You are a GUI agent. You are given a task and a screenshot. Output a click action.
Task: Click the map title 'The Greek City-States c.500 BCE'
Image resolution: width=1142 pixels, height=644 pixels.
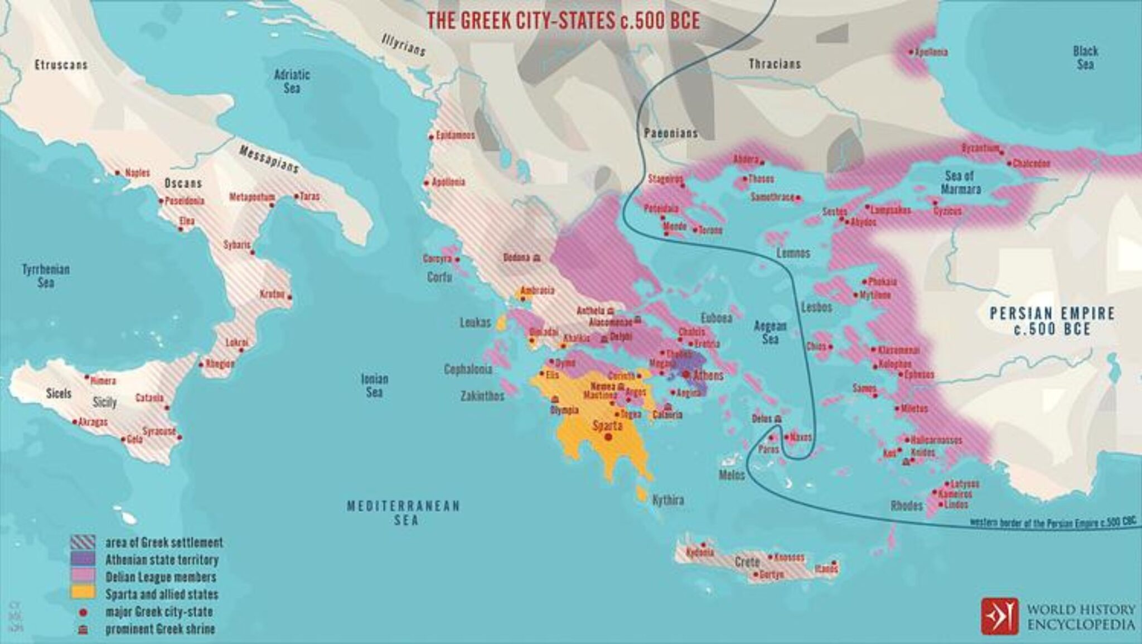tap(563, 21)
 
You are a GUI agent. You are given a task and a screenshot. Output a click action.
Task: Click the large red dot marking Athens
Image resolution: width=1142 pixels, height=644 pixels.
tap(685, 374)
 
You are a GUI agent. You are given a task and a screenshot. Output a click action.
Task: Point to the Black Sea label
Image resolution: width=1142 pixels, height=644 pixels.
tap(1085, 57)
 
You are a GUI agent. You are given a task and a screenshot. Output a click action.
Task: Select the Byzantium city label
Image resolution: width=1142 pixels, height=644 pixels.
tap(980, 148)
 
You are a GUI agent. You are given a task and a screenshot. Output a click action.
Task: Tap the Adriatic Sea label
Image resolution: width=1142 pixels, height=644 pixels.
tap(292, 81)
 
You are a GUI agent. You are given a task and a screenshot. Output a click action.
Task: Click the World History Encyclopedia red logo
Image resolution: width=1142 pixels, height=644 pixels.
tap(999, 616)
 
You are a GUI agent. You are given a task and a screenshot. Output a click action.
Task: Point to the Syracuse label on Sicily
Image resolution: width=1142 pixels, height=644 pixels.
tap(159, 431)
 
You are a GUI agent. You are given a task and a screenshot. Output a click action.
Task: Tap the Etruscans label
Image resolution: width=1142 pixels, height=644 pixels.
tap(61, 65)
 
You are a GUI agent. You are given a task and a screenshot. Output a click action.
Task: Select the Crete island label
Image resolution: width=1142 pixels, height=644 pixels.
tap(747, 562)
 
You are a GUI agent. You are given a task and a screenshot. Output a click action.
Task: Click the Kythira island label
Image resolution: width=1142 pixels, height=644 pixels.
tap(667, 500)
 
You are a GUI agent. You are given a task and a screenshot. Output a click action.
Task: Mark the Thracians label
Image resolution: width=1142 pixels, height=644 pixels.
tap(774, 64)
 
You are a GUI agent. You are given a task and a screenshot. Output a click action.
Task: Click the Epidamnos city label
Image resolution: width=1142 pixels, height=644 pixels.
tap(455, 136)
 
